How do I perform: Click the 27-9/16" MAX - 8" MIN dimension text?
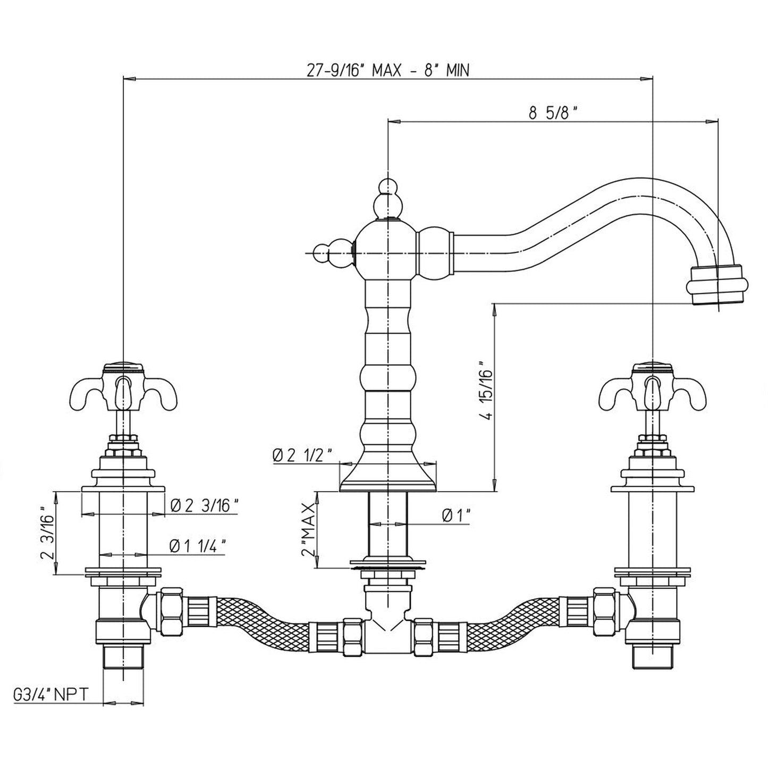click(x=389, y=70)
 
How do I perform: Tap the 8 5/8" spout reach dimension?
click(x=553, y=113)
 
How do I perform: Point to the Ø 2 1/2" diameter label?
click(x=303, y=455)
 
